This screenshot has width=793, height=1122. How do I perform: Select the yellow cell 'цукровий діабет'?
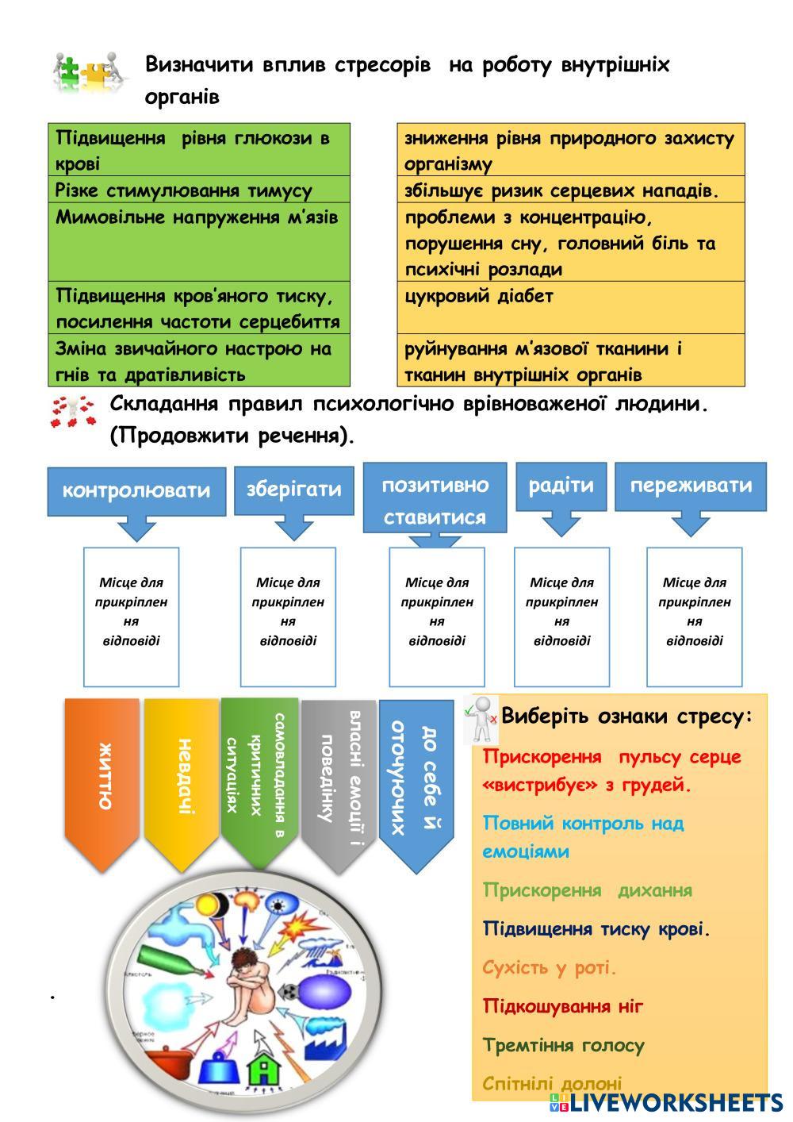[x=570, y=306]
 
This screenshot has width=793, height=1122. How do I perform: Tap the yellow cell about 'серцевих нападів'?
[x=570, y=190]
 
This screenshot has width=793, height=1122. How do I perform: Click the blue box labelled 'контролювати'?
[x=136, y=490]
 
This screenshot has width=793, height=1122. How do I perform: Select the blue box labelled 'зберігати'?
[x=293, y=489]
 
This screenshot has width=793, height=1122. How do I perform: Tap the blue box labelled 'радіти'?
[x=561, y=485]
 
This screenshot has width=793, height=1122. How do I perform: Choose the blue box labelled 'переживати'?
[x=691, y=485]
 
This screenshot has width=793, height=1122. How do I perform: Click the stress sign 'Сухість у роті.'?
[x=549, y=967]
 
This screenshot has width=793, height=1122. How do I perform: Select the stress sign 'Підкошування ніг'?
[x=562, y=1006]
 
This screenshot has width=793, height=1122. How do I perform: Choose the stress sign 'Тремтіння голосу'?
[x=563, y=1045]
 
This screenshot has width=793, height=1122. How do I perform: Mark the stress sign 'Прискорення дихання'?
[x=587, y=890]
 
